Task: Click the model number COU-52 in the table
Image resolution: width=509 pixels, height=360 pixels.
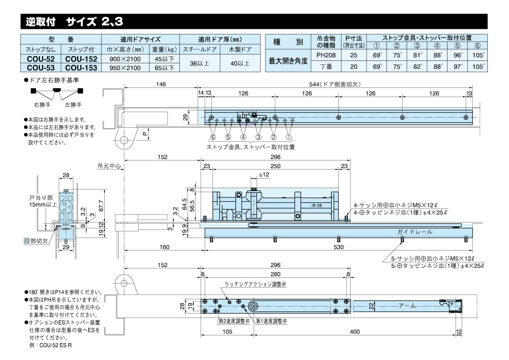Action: click(x=41, y=59)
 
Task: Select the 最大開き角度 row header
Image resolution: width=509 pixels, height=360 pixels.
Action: click(x=288, y=61)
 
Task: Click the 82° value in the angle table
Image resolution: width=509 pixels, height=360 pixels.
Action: click(x=417, y=66)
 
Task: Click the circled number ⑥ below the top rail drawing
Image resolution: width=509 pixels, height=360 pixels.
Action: click(x=213, y=137)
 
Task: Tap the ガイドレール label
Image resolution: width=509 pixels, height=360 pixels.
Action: click(x=415, y=232)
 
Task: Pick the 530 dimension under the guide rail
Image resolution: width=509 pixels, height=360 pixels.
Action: click(x=338, y=247)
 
